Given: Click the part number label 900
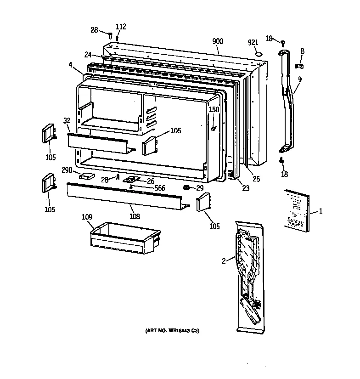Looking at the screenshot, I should pos(218,41).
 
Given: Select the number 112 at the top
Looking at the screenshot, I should pos(120,27).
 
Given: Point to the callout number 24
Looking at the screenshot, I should pos(88,55).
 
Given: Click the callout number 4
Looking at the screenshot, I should pos(71,65).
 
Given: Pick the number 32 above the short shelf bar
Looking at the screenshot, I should pos(67,121).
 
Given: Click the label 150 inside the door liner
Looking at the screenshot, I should pos(214,109).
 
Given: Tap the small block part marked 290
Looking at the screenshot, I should pos(86,175).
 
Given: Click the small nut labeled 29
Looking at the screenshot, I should pos(187,187).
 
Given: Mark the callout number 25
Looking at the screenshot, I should pos(256,179).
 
